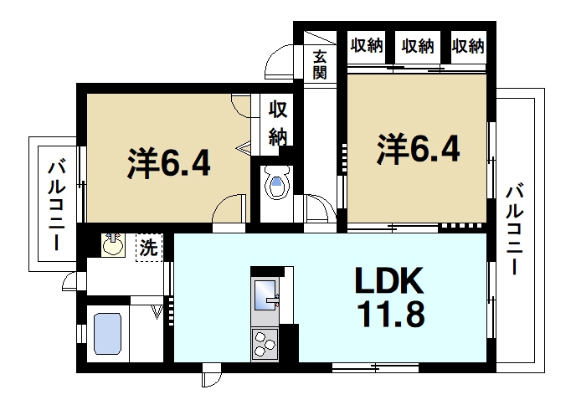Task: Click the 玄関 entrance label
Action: pyautogui.click(x=320, y=64)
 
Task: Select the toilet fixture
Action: pyautogui.click(x=275, y=183)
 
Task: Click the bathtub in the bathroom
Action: pyautogui.click(x=107, y=335)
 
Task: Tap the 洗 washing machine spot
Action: pyautogui.click(x=148, y=248)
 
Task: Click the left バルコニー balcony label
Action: pyautogui.click(x=56, y=204)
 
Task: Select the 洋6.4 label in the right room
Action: pyautogui.click(x=418, y=148)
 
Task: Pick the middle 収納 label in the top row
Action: pyautogui.click(x=418, y=45)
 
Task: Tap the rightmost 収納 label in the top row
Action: pyautogui.click(x=468, y=45)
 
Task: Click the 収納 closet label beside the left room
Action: pyautogui.click(x=277, y=123)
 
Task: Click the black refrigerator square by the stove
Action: pyautogui.click(x=289, y=342)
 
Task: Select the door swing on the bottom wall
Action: pyautogui.click(x=212, y=379)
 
